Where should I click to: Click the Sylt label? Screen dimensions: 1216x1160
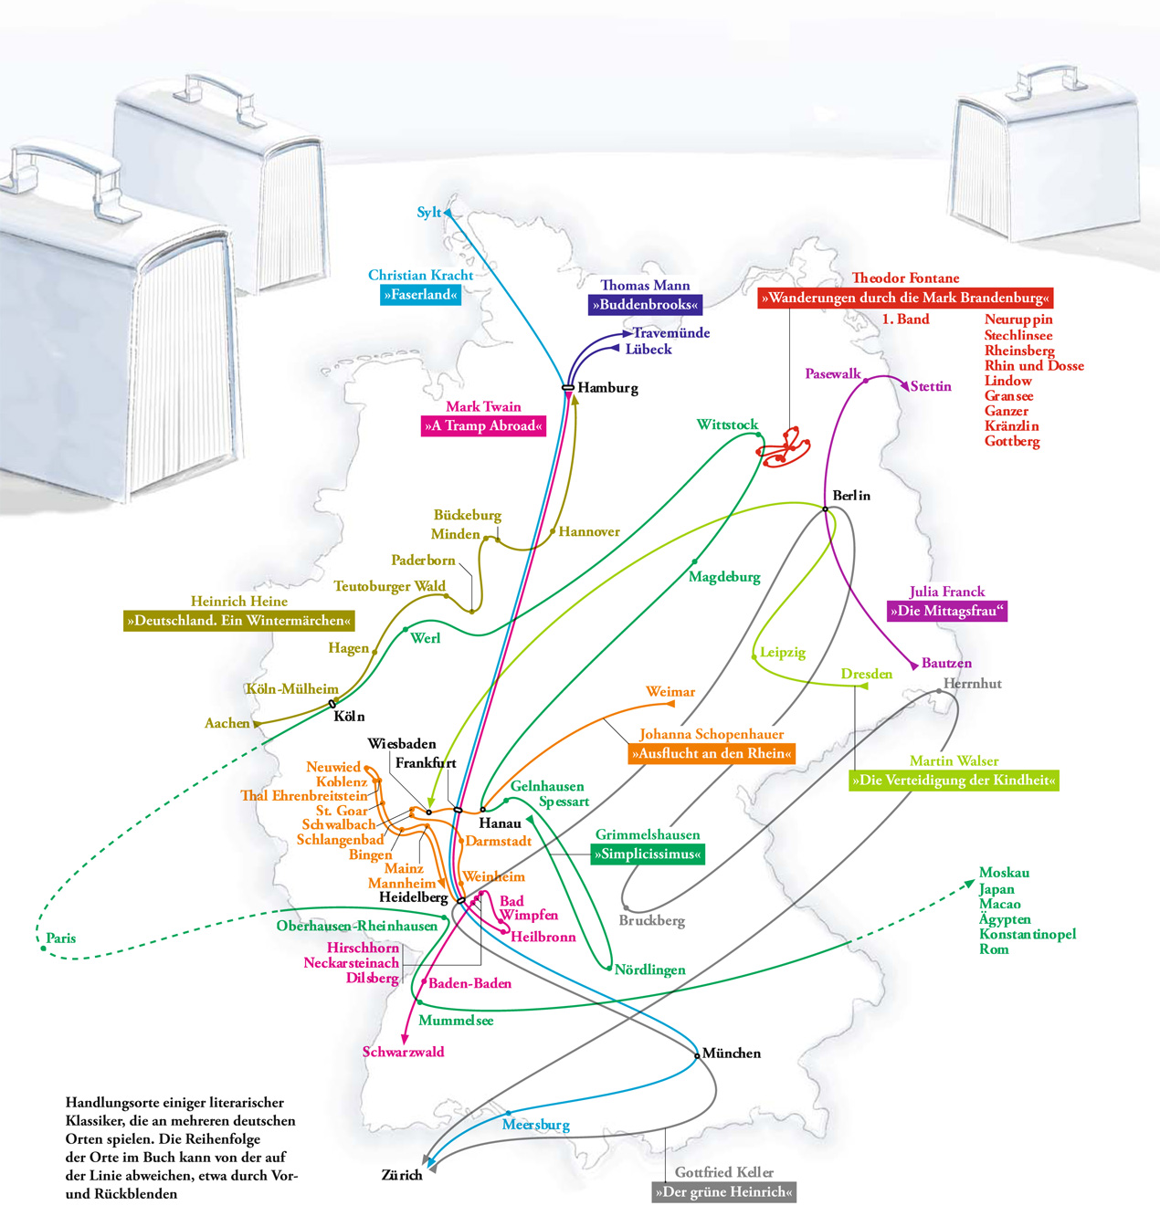pos(428,213)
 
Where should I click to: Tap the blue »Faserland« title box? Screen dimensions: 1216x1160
pos(420,295)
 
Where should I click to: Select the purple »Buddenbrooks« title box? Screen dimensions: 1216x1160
pos(645,305)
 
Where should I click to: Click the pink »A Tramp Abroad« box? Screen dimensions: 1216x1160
pos(483,426)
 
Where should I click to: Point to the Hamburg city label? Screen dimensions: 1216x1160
pos(607,388)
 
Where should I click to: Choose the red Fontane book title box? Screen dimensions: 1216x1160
pos(906,299)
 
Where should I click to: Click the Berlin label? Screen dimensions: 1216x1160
pos(851,496)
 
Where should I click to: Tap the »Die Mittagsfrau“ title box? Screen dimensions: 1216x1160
pos(946,612)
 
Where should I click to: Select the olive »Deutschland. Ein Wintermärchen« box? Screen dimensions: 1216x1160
pos(238,622)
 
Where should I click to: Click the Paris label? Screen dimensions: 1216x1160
pos(61,938)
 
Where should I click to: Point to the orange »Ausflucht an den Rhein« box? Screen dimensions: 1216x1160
pos(712,754)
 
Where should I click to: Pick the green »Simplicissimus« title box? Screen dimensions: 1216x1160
pos(648,855)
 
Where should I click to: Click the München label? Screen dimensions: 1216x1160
pos(731,1054)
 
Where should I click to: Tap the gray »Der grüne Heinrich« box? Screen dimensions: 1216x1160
pos(723,1192)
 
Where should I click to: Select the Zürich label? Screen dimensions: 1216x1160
pos(402,1176)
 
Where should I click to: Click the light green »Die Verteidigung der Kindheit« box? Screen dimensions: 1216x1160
pos(954,781)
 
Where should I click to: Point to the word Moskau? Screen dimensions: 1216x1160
pos(1004,874)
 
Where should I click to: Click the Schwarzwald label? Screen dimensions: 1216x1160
pos(404,1053)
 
